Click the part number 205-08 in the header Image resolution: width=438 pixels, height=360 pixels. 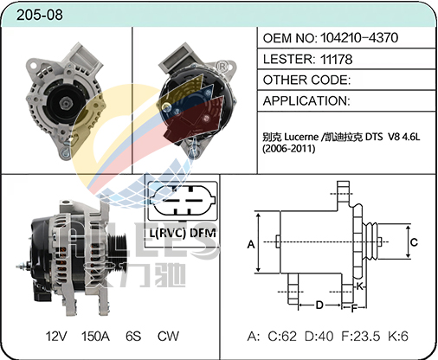point(40,15)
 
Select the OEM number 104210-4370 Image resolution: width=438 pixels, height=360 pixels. point(359,38)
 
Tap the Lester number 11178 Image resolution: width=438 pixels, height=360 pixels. point(336,59)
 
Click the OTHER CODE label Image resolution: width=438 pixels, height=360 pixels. point(306,80)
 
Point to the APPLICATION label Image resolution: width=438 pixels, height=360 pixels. point(306,101)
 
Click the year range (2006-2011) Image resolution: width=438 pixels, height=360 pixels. point(288,149)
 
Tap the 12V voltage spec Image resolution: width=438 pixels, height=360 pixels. point(56,336)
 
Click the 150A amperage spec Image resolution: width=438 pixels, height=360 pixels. point(95,336)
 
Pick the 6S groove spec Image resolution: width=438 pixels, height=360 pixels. point(133,336)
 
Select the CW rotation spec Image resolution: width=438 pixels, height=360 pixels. point(168,336)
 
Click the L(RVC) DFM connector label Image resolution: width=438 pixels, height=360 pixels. point(183,233)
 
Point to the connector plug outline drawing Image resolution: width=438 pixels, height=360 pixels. point(183,201)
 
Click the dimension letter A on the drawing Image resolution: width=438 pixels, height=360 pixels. point(251,244)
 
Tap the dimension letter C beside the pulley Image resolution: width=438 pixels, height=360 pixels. point(414,241)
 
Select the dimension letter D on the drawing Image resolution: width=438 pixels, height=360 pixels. point(319,305)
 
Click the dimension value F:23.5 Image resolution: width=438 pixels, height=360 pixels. point(361,337)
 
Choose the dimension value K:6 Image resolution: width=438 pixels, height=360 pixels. point(398,337)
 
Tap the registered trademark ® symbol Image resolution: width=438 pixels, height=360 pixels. point(222,67)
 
